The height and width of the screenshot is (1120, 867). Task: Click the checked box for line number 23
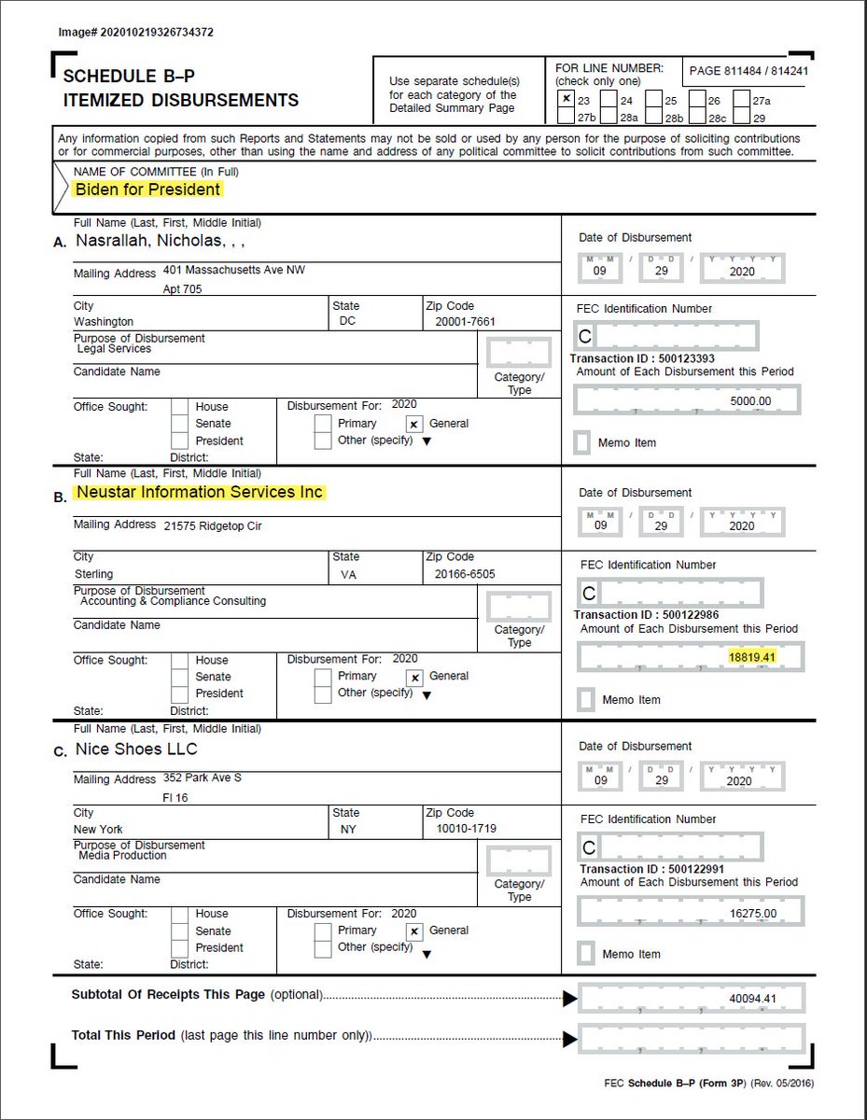(566, 99)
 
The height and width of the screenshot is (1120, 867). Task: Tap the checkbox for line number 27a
(742, 100)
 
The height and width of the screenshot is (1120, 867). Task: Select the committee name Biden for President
(148, 189)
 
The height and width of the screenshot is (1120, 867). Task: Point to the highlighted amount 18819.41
(752, 657)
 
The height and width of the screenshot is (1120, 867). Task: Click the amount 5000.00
(752, 401)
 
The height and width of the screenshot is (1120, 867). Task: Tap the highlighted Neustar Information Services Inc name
(200, 492)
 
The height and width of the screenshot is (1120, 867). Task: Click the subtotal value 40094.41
(752, 999)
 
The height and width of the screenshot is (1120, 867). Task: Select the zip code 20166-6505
(465, 575)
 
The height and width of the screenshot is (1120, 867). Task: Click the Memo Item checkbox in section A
(582, 442)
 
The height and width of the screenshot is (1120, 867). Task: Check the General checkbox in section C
(415, 931)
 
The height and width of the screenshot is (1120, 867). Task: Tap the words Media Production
(123, 856)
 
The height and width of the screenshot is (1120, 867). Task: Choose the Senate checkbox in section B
(180, 677)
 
